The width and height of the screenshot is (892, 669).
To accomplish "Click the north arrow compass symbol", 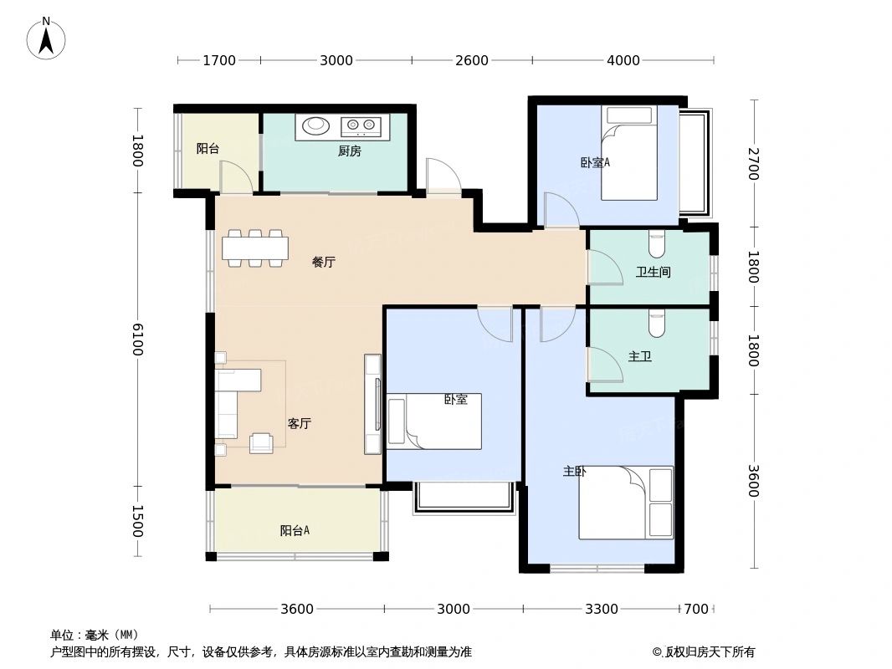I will [47, 38].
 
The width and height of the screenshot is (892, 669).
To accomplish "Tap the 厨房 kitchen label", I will [349, 151].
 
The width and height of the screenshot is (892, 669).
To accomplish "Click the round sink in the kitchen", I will [315, 126].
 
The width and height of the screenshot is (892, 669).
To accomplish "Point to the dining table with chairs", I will [254, 248].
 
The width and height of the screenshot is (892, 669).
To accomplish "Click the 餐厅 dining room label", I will [323, 262].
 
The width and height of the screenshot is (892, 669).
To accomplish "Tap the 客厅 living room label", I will [300, 423].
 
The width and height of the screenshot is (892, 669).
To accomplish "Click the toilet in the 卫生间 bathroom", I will [656, 244].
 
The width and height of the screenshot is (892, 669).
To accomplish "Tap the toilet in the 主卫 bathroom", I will [656, 324].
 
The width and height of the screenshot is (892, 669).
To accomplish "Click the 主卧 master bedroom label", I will [574, 472].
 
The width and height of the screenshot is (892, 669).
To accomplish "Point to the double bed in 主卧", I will [627, 502].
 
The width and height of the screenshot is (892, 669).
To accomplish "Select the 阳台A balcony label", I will [295, 530].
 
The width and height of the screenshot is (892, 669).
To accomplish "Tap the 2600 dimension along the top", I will [472, 60].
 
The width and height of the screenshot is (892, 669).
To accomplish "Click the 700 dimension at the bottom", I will [696, 609].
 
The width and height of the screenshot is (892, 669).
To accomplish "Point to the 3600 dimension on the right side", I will [752, 481].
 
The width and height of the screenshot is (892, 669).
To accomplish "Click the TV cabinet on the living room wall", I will [373, 404].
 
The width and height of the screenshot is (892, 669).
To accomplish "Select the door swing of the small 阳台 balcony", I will [235, 177].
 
